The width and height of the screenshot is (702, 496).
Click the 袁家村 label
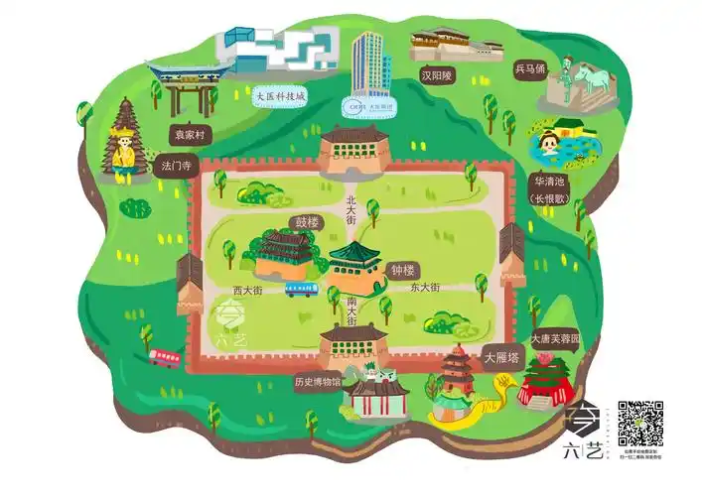189,133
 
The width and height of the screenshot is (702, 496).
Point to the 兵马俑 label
530,69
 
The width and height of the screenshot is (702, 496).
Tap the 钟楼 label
403,269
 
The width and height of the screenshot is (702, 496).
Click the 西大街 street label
247,291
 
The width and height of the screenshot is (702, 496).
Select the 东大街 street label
423,287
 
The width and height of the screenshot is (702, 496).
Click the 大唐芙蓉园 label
555,339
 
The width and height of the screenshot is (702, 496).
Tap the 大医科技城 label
281,96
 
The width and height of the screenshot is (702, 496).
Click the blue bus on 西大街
300,289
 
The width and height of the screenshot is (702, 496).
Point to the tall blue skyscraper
368,63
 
